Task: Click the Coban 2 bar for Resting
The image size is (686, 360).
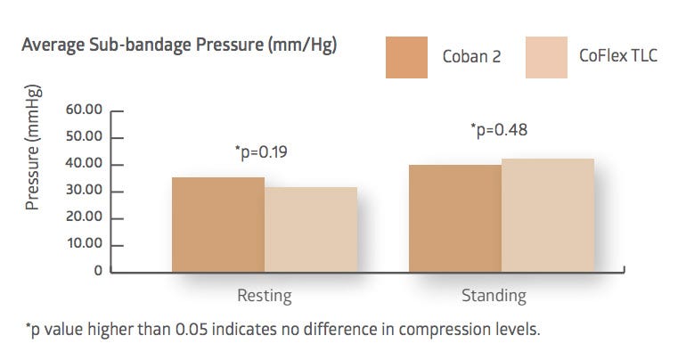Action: tap(218, 225)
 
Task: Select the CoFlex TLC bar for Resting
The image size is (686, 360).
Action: tap(311, 230)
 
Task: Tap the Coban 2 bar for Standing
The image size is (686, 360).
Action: tap(455, 218)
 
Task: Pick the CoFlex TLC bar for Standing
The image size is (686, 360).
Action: tap(548, 216)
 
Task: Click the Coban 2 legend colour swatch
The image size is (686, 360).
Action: tap(406, 57)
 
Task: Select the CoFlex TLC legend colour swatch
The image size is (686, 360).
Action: tap(546, 57)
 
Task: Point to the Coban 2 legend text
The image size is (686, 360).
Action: tap(471, 56)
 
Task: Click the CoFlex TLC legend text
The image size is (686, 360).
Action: tap(618, 55)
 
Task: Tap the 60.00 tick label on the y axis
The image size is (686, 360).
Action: tap(84, 110)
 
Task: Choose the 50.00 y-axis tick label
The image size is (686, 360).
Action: tap(84, 136)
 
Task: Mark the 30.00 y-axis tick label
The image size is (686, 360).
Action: tap(84, 190)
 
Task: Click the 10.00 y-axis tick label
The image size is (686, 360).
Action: tap(85, 243)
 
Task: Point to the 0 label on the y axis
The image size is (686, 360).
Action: tap(98, 271)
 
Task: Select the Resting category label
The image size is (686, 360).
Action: tap(265, 296)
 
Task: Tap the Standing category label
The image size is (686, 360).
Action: tap(494, 296)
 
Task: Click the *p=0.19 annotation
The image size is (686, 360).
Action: tap(261, 152)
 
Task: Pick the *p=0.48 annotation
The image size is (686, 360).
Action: tap(499, 130)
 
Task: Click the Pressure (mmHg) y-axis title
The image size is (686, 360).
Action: tap(32, 147)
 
